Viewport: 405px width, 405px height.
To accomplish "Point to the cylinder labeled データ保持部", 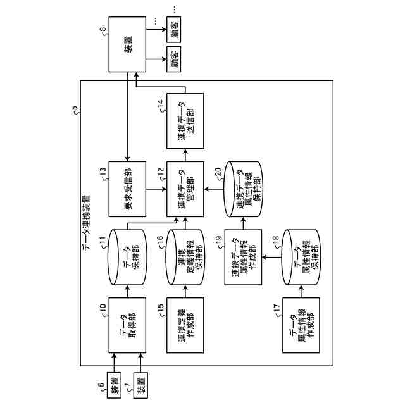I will [x=128, y=256].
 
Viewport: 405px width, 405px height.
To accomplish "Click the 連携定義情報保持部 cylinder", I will [x=186, y=256].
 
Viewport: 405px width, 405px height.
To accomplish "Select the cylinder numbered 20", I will [x=244, y=189].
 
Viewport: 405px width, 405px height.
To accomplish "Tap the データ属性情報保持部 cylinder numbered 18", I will [x=301, y=256].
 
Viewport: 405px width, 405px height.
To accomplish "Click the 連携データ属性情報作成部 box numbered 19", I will [x=244, y=256].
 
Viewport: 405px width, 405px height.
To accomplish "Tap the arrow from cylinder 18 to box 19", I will [x=272, y=256].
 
